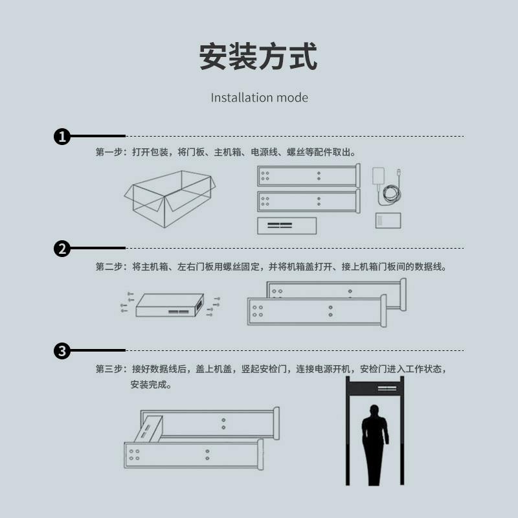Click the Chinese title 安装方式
(258, 56)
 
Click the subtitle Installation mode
(260, 98)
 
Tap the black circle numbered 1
(62, 137)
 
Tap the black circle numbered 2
(62, 249)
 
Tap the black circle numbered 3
(62, 350)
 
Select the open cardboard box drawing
(170, 199)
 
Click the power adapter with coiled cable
(387, 185)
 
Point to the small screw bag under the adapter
(388, 220)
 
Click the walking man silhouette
(375, 445)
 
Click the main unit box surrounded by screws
(170, 305)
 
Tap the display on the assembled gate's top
(387, 388)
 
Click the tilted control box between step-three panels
(148, 429)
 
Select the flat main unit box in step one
(287, 225)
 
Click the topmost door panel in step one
(309, 175)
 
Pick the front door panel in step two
(317, 311)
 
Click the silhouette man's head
(374, 411)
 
